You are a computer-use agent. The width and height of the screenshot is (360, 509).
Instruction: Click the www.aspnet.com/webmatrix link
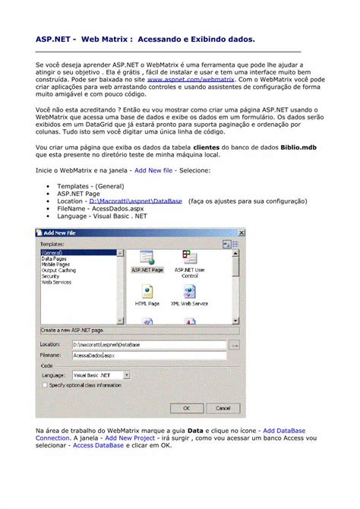click(x=180, y=78)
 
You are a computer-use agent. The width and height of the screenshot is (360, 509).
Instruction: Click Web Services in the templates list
click(x=56, y=282)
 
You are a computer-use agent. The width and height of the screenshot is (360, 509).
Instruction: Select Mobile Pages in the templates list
click(x=55, y=264)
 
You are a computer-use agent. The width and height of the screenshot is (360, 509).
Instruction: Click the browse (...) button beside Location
click(x=235, y=344)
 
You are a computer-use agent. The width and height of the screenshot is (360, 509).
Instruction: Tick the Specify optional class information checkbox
click(x=44, y=385)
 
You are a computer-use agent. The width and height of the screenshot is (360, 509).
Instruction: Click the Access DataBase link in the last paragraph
click(x=98, y=445)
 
